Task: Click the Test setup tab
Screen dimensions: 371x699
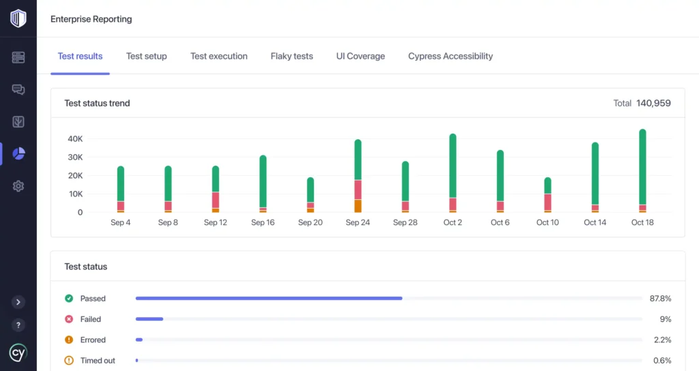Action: point(146,56)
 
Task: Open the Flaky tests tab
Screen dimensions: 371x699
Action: point(291,56)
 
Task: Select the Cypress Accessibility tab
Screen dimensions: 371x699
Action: point(450,56)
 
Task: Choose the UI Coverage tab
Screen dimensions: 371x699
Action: point(360,56)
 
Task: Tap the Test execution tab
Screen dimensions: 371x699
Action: point(218,56)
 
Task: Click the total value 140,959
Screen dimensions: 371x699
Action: point(653,103)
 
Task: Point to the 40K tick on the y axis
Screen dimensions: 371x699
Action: point(74,138)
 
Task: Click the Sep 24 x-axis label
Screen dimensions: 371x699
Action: point(358,222)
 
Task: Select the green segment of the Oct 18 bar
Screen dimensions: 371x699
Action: point(642,167)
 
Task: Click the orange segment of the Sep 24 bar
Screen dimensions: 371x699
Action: point(358,206)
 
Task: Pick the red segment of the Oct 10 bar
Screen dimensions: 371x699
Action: point(547,202)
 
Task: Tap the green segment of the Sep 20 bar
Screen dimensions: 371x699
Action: point(311,190)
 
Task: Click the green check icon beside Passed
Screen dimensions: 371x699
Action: point(69,299)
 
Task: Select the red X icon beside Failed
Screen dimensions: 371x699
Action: point(69,319)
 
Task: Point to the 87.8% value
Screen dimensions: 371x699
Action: point(660,299)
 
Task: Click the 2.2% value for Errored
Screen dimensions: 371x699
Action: point(662,340)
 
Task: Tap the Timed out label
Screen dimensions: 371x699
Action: point(98,360)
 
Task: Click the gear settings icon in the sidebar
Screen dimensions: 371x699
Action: point(18,186)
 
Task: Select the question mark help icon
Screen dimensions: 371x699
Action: point(18,325)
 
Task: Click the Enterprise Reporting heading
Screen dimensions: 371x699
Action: point(91,19)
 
